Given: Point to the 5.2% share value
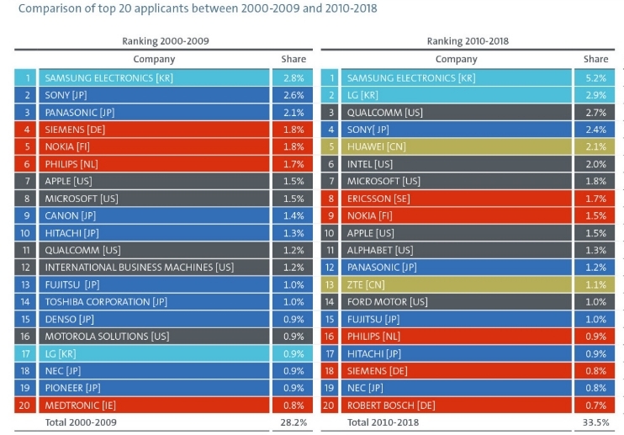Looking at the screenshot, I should [595, 77].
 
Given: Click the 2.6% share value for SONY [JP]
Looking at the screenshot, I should [293, 95].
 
